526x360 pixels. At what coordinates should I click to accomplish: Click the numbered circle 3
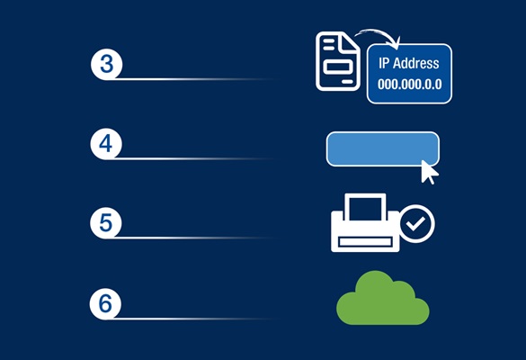107,64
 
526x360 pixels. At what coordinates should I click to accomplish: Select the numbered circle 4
106,144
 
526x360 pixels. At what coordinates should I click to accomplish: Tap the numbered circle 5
106,223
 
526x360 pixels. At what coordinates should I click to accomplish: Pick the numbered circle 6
105,303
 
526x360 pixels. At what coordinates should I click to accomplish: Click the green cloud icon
383,298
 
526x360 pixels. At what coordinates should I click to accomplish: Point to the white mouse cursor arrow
429,172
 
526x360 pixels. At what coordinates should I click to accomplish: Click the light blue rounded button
382,148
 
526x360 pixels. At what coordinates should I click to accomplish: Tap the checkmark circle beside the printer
417,224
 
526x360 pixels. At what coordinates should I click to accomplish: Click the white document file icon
338,61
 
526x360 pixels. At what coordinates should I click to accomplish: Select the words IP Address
409,63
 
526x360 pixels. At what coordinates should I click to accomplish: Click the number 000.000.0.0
410,84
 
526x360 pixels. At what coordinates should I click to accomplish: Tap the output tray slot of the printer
365,242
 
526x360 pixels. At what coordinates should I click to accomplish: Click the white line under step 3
192,79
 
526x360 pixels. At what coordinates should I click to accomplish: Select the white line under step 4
191,158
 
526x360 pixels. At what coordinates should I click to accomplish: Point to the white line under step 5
191,238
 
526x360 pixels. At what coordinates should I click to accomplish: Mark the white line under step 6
191,318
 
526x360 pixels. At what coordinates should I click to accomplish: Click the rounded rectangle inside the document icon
338,67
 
